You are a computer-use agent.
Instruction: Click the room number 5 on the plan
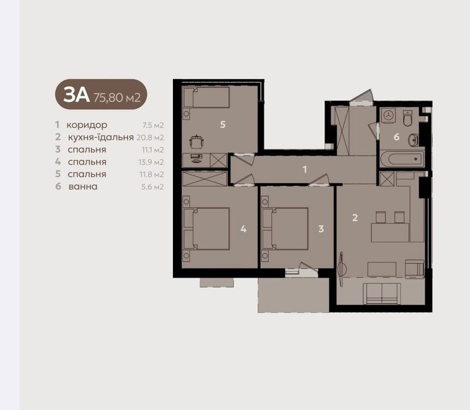223,124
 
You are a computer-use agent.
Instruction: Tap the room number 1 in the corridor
305,170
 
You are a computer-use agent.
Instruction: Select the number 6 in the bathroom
397,137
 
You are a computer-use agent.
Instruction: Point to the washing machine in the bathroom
389,116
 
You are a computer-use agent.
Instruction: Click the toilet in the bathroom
408,118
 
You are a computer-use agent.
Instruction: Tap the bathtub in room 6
402,159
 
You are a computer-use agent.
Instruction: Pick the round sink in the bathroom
413,140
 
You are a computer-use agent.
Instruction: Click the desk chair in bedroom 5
197,141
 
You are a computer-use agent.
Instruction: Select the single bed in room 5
206,97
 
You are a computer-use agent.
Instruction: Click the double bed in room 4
206,229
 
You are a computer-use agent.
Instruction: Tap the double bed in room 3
285,229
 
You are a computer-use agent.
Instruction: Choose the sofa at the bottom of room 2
382,293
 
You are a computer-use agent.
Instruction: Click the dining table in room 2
390,232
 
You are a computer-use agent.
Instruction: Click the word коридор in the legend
87,125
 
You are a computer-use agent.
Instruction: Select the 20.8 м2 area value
150,137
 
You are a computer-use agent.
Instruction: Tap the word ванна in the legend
83,187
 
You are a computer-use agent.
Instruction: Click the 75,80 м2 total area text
117,97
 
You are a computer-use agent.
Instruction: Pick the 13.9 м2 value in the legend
151,162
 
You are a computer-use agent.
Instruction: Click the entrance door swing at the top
362,97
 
